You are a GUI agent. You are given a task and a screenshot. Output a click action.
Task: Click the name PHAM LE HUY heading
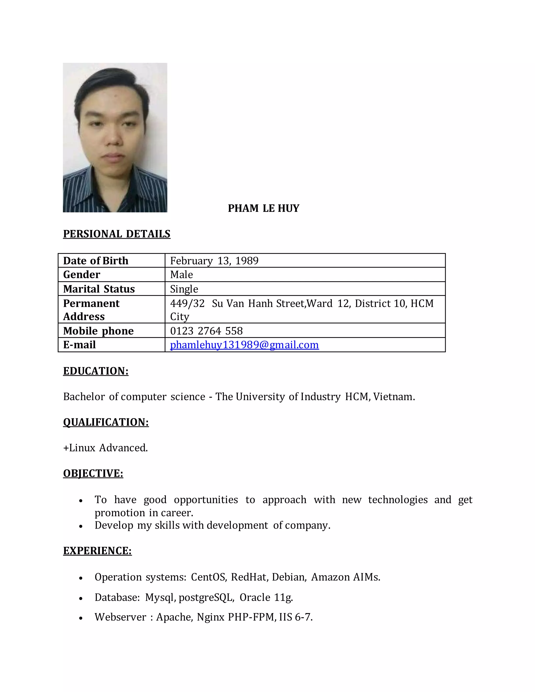tap(263, 208)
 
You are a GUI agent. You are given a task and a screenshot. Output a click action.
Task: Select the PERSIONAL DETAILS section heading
tap(117, 234)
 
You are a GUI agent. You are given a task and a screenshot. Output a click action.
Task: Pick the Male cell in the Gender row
tap(181, 274)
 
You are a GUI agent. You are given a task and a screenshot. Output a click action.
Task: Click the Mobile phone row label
tap(98, 331)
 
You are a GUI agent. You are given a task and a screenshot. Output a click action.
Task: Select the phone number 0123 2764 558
tap(206, 331)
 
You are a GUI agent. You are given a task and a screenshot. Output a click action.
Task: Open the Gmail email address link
tap(244, 345)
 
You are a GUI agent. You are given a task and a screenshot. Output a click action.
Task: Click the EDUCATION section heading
tap(96, 371)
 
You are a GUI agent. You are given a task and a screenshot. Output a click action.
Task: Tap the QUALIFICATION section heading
tap(106, 422)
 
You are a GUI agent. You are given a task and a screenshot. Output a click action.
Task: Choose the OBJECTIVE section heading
tap(93, 473)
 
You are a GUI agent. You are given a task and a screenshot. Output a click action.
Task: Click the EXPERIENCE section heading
tap(97, 551)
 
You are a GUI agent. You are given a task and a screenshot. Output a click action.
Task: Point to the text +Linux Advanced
tap(106, 448)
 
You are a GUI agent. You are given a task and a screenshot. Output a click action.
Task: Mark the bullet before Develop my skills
tap(81, 526)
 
